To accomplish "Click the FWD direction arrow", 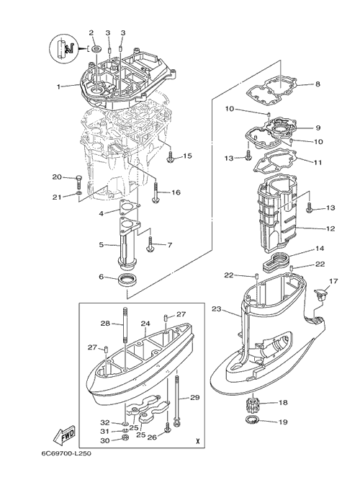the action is (63, 435).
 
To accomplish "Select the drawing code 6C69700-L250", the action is (66, 453).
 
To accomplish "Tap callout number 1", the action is (58, 86).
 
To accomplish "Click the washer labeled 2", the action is (96, 49).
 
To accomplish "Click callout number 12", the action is (330, 228).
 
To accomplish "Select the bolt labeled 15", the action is (170, 157).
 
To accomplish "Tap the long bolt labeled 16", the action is (156, 192).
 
